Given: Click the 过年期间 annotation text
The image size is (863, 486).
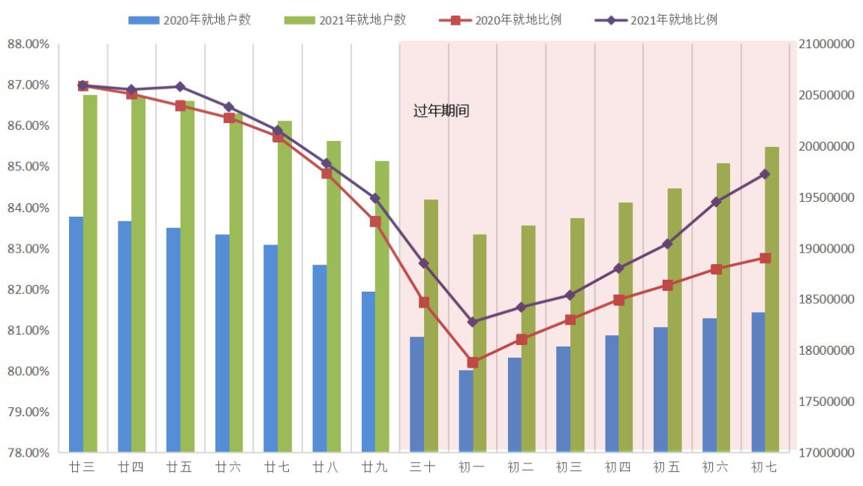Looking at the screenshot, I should tap(441, 111).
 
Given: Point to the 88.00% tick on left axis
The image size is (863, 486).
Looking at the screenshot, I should tap(29, 44).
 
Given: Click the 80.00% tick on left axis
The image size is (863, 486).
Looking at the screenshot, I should tap(29, 371).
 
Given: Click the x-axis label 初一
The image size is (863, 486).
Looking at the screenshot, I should tap(472, 467).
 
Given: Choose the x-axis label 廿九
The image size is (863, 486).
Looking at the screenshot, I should tap(374, 467).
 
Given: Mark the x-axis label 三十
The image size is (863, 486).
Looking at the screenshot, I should tap(423, 467).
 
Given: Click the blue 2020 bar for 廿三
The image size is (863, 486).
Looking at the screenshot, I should tap(76, 334).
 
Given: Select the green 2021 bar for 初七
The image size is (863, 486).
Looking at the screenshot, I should tap(771, 300).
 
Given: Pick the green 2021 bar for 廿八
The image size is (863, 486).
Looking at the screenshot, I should tap(334, 296).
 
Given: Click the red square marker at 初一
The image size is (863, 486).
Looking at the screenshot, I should tap(473, 362).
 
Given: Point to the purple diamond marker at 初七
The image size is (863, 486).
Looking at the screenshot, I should tap(765, 174).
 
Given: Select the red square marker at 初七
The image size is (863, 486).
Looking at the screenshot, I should tap(765, 258).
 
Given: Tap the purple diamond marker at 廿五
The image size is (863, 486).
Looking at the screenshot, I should tap(180, 87).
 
